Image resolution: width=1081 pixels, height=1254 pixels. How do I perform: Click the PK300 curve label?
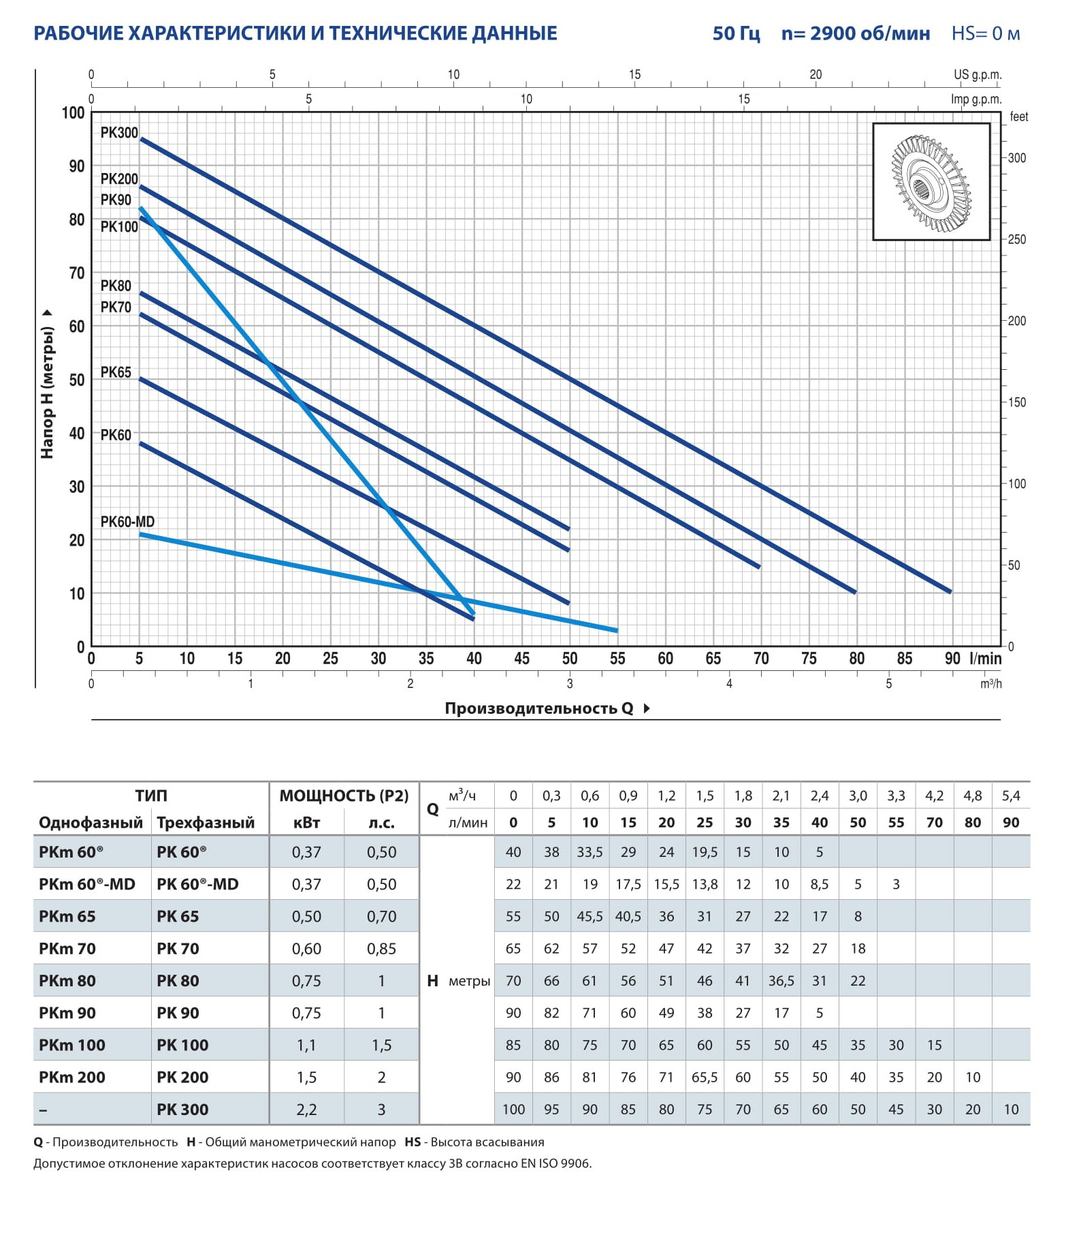click(119, 133)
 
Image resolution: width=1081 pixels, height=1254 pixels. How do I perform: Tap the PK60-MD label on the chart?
click(127, 522)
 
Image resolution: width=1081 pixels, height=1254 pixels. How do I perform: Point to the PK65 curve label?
click(116, 373)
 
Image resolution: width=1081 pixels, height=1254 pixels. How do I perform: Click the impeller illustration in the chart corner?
click(931, 182)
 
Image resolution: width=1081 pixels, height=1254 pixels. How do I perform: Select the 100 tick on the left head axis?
click(74, 113)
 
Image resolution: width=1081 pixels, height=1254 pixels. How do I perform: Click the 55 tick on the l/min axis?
click(617, 659)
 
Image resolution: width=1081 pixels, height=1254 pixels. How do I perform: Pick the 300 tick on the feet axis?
click(1017, 158)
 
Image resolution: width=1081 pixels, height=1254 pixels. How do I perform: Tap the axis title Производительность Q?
click(538, 708)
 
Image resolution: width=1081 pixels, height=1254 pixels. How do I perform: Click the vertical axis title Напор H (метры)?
click(47, 392)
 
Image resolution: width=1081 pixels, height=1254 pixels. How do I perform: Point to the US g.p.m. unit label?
click(978, 75)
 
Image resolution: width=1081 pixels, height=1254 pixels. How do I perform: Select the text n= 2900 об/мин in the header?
click(855, 33)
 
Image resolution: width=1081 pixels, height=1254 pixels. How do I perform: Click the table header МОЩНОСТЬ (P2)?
click(344, 796)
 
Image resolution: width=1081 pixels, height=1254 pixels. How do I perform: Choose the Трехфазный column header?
click(206, 823)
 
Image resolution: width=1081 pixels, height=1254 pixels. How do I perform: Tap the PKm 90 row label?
click(67, 1013)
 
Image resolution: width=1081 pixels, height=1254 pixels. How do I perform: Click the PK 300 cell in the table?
click(182, 1110)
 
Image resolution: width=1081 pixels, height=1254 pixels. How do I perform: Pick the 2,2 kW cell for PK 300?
click(306, 1110)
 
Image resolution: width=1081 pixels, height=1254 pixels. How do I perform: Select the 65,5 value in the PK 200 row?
click(705, 1078)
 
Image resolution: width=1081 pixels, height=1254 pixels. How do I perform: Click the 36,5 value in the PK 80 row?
click(781, 981)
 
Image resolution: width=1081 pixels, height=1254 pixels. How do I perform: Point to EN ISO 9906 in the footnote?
click(556, 1163)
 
